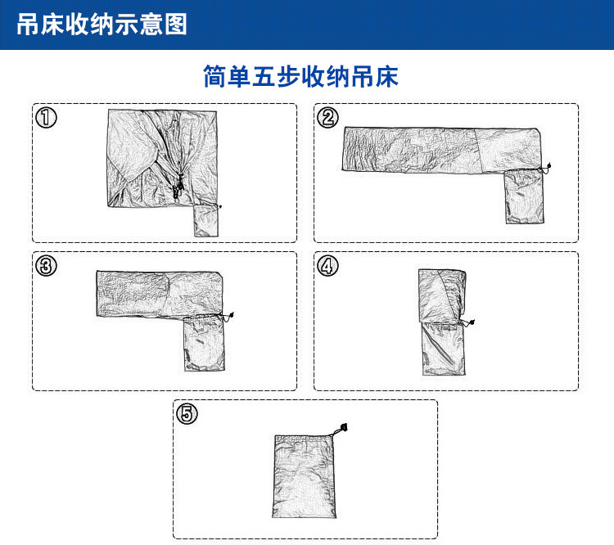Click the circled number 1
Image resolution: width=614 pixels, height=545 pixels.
coord(46,118)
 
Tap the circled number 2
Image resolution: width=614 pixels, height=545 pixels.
coord(327,118)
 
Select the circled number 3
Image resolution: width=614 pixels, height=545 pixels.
coord(46,265)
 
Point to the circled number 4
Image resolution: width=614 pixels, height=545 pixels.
coord(327,266)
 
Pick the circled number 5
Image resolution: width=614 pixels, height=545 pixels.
coord(187,413)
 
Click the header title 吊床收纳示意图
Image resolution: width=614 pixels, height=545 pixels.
coord(102,25)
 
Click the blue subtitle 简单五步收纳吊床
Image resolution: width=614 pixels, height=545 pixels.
coord(300,77)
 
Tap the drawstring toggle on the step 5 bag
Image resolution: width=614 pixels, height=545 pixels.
coord(344,426)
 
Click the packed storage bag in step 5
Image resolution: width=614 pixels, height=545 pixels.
coord(305,479)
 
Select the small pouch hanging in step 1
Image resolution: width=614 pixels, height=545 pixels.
coord(205,221)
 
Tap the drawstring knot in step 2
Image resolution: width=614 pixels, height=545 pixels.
coord(548,168)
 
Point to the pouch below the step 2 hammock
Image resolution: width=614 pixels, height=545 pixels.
coord(523,196)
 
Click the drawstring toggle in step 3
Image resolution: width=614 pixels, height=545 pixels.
coord(229,315)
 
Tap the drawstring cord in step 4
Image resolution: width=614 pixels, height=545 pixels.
coord(467,323)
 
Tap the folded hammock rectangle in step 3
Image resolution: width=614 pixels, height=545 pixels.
coord(160,293)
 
